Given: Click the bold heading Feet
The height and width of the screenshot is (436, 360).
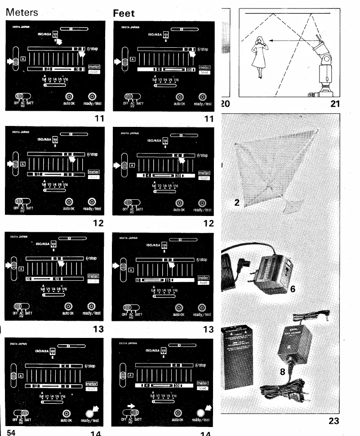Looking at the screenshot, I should tap(124, 13).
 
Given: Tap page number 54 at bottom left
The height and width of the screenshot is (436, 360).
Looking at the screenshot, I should tap(13, 432).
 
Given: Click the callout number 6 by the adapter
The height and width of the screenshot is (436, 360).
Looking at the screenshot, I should tap(293, 289).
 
